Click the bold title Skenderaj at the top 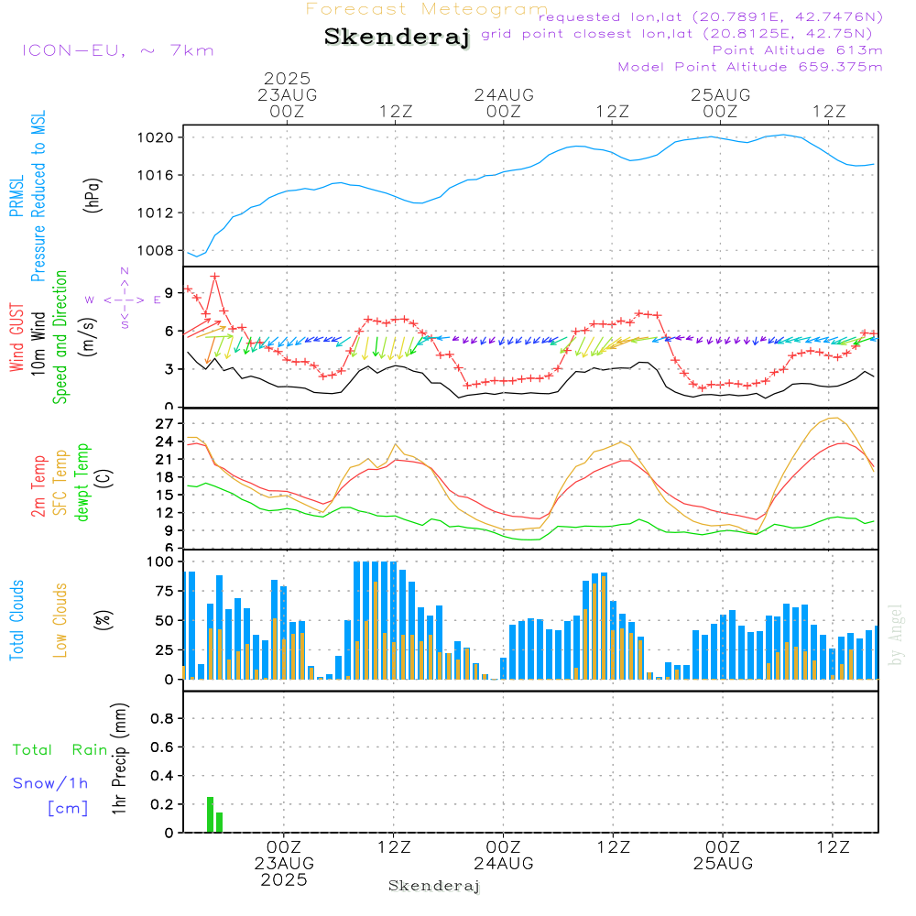tap(398, 38)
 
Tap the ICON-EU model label tap(73, 50)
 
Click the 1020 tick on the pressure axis tap(155, 138)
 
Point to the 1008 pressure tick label tap(155, 251)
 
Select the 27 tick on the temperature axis tap(164, 423)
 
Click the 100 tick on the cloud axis tap(160, 562)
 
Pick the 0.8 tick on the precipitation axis tap(162, 718)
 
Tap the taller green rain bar tap(211, 814)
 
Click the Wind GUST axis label tap(16, 337)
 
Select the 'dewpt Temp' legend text tap(82, 482)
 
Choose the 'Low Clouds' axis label tap(60, 620)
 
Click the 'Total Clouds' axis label tap(16, 620)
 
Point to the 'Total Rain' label tap(60, 750)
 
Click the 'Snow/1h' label tap(50, 783)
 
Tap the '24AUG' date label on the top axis tap(504, 95)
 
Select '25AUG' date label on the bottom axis tap(723, 864)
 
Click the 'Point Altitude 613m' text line tap(797, 50)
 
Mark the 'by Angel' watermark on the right tap(896, 635)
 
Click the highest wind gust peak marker tap(215, 277)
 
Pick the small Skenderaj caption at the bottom tap(434, 886)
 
